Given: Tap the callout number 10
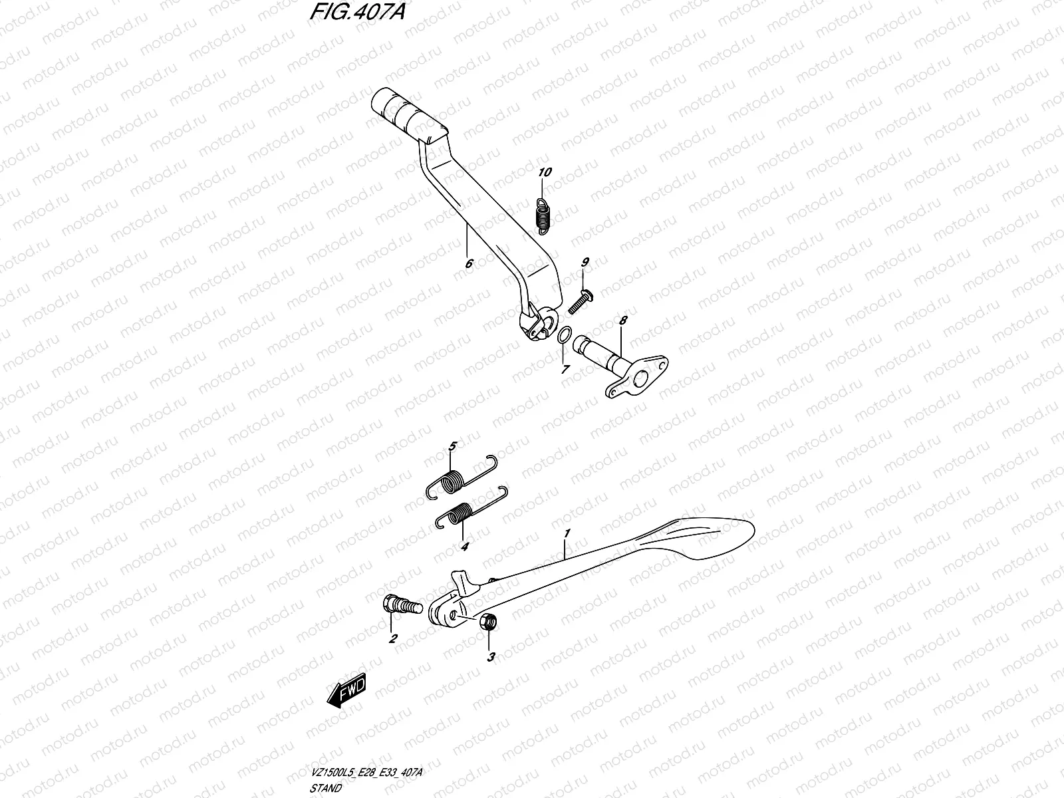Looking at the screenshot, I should click(545, 173).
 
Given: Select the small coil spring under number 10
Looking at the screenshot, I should click(543, 215).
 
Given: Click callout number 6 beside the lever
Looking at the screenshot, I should click(469, 264).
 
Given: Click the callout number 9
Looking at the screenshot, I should click(585, 263).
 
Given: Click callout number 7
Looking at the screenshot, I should click(565, 369).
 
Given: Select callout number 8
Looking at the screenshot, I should click(623, 321).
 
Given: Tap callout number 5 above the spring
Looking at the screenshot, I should click(452, 446).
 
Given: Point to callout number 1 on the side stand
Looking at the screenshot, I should click(567, 533).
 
